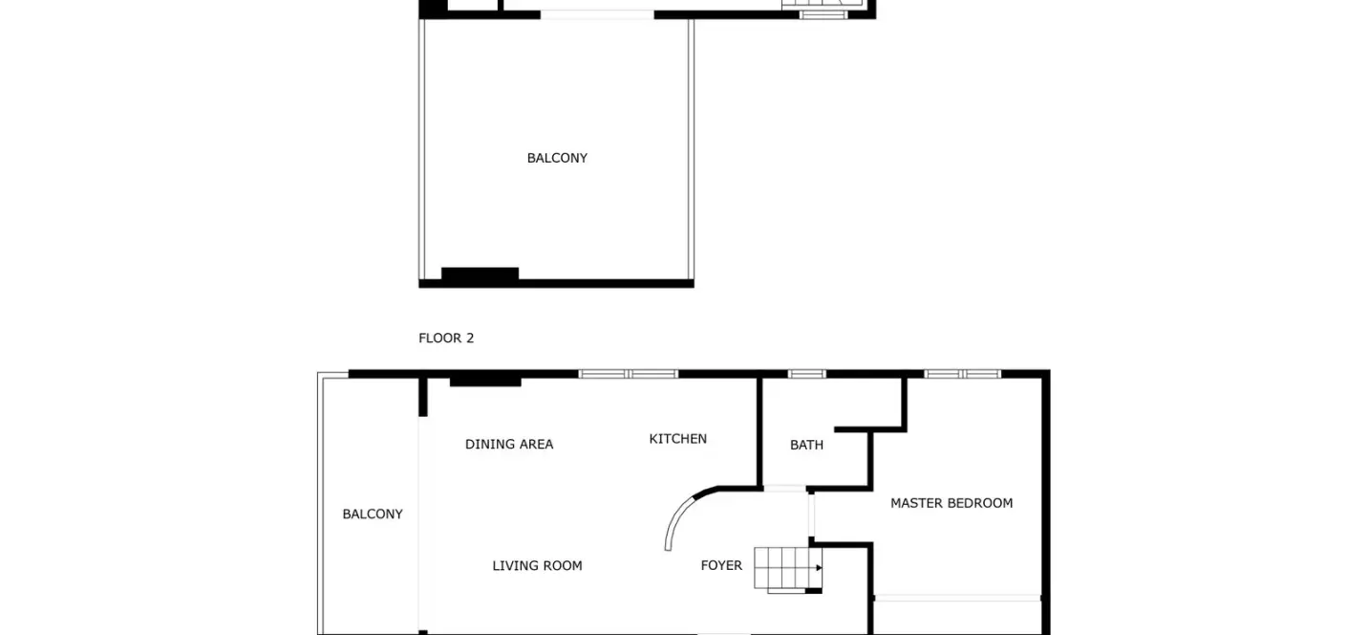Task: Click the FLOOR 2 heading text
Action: point(446,338)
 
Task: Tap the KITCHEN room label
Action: point(678,439)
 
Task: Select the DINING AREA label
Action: point(509,445)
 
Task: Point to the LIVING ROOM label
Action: point(538,566)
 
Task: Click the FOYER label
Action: point(721,565)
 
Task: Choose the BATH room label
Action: point(806,445)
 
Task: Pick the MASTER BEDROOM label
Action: point(951,503)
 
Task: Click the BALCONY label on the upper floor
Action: point(557,159)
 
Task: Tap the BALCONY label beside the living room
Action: point(373,514)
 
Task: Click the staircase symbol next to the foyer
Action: point(788,570)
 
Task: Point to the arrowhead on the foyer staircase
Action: point(819,568)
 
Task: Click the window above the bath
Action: point(806,374)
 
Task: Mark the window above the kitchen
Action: point(629,374)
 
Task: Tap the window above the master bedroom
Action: point(963,374)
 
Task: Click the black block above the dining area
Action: point(485,382)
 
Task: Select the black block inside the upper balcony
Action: point(480,274)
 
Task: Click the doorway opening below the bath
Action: point(784,489)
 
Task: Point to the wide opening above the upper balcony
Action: point(597,14)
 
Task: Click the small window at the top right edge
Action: point(823,14)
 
